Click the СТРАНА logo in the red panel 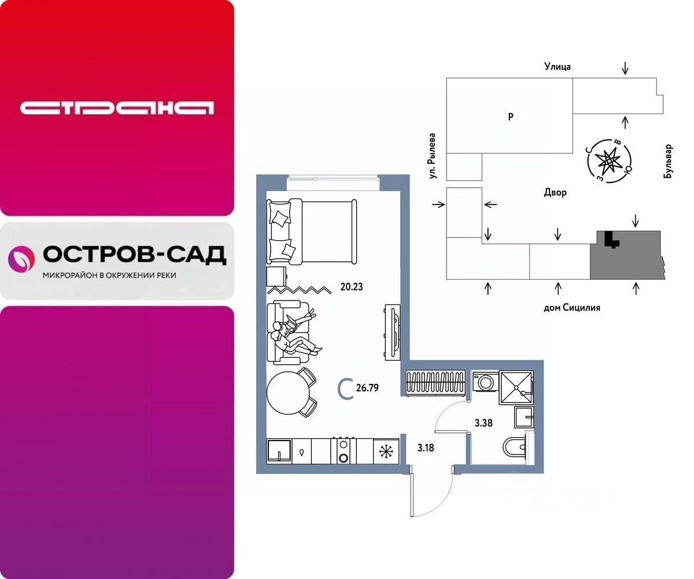117,108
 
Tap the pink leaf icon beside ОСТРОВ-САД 21,258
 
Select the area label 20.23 351,286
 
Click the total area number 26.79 367,388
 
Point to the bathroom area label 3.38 483,423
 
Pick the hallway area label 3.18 426,447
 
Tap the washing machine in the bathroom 483,382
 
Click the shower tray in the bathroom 516,384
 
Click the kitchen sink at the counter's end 278,450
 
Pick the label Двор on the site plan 555,193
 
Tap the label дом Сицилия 571,307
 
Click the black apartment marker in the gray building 608,239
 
